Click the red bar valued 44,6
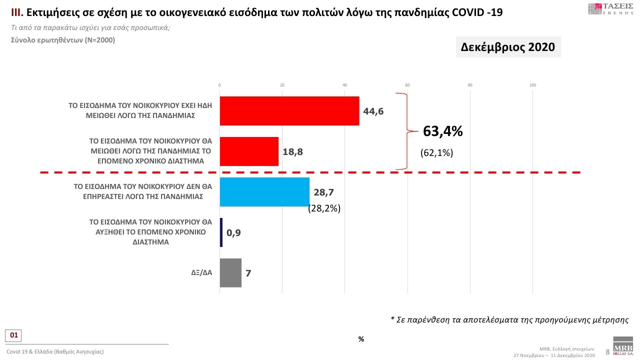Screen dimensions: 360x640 click(x=289, y=111)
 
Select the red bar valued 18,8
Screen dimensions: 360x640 click(x=249, y=151)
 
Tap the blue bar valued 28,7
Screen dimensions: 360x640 click(x=264, y=192)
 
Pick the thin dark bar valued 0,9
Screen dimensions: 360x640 click(x=221, y=232)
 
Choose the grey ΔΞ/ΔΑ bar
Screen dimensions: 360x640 click(x=230, y=273)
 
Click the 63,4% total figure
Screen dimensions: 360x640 click(x=443, y=131)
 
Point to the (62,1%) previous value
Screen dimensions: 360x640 click(x=436, y=153)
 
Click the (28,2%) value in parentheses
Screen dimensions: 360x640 click(x=324, y=208)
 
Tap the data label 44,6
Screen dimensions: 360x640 click(x=373, y=111)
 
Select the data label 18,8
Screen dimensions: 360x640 click(x=292, y=151)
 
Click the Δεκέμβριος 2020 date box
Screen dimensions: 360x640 click(x=508, y=47)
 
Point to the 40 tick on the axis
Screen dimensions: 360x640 click(x=345, y=85)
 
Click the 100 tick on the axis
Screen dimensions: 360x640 click(x=532, y=85)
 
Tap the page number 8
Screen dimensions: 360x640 click(x=607, y=352)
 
